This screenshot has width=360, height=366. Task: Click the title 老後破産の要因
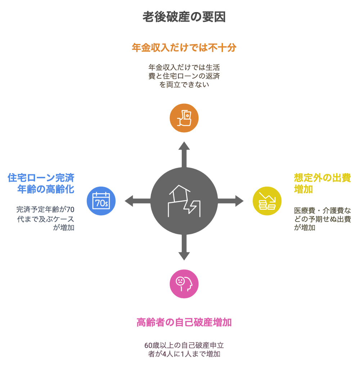coord(184,17)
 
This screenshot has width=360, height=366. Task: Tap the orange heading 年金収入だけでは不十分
coord(184,48)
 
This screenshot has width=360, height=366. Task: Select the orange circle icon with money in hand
coord(184,118)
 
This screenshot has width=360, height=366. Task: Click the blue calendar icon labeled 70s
coord(101,201)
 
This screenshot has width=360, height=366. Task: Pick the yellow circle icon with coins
coord(267,201)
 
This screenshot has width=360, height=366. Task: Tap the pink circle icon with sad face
coord(184,284)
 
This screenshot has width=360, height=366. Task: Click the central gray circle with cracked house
coord(184,201)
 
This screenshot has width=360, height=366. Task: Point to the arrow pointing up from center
coord(184,154)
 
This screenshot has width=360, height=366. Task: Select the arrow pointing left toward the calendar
coord(138,201)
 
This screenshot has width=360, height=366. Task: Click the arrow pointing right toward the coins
coord(230,201)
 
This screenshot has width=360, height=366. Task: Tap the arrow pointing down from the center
coord(184,247)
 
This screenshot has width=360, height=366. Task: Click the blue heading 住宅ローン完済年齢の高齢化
coord(41,184)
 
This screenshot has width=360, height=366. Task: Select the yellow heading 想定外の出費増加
coord(323,184)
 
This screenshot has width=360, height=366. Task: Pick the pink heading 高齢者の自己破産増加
coord(184,322)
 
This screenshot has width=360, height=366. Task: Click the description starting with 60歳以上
coord(184,349)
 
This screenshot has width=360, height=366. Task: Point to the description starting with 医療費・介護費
coord(323,219)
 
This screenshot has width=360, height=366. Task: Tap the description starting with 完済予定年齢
coord(45,218)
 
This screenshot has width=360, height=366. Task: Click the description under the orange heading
coord(184,76)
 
